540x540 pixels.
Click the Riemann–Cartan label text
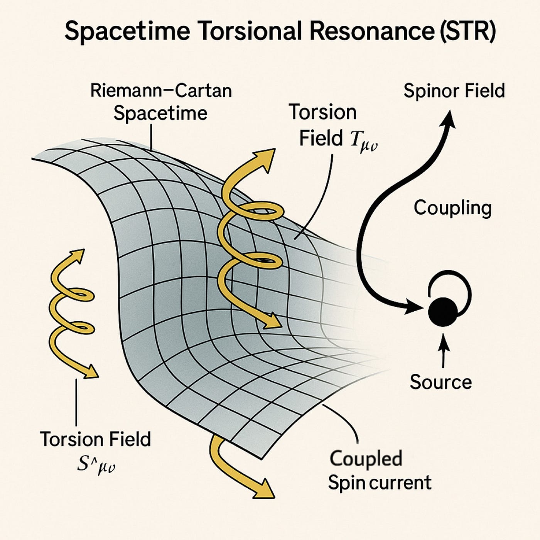tap(161, 91)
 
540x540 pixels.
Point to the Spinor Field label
tap(454, 91)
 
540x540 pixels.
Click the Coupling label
tap(452, 208)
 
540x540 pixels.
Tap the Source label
tap(440, 382)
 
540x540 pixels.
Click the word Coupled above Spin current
tap(366, 459)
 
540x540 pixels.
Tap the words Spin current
tap(380, 483)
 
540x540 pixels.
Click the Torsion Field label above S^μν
tap(95, 439)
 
